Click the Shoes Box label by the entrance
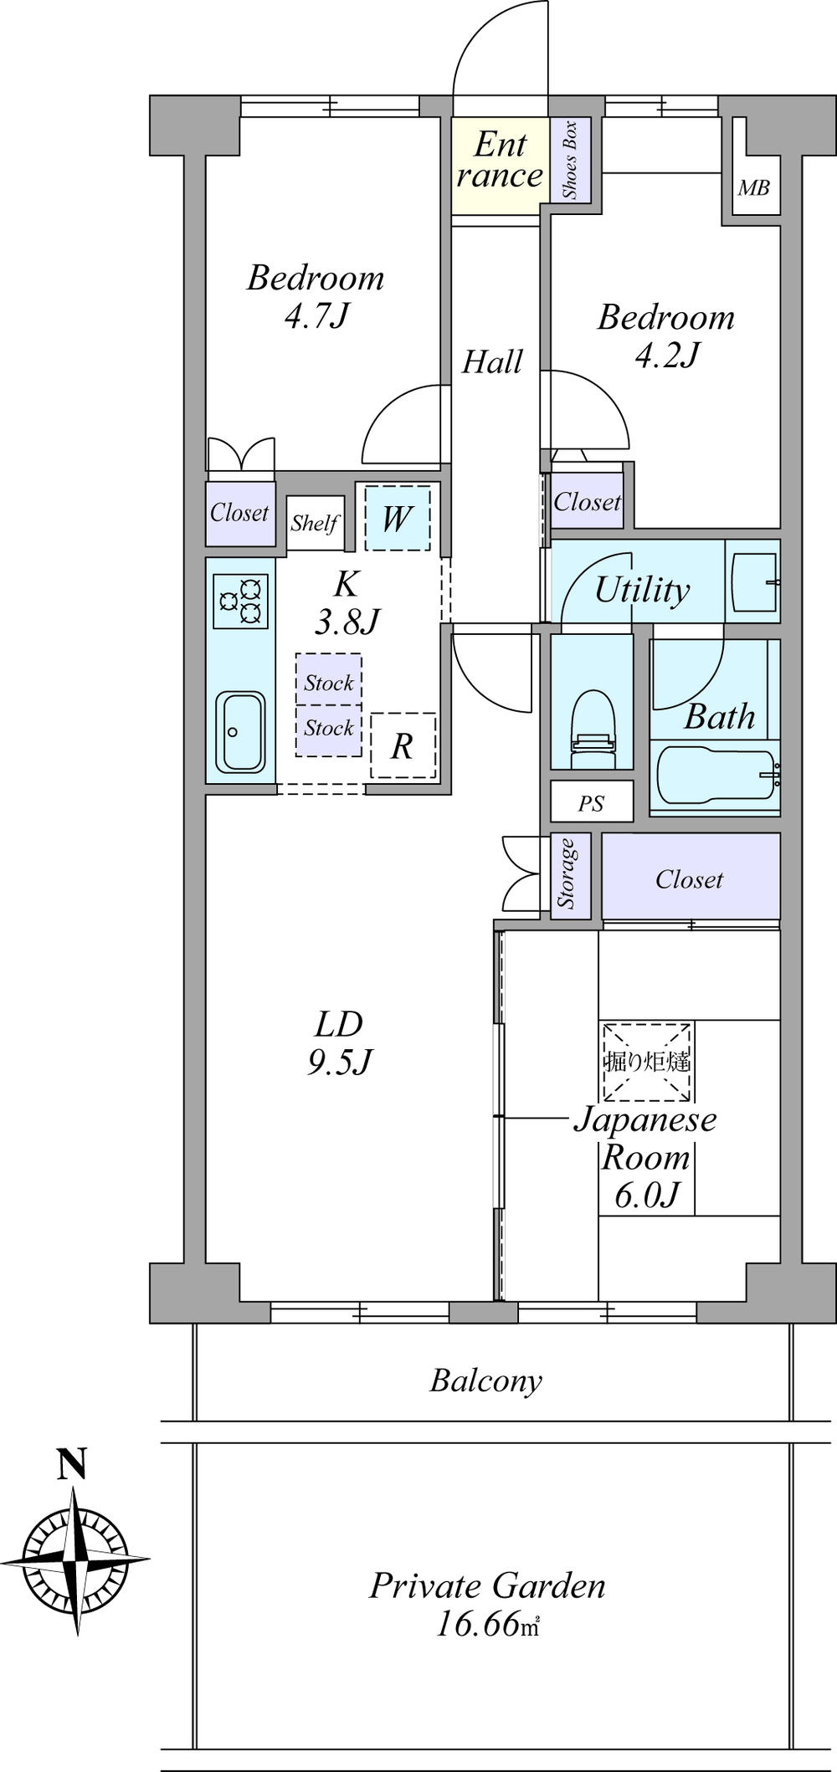click(570, 161)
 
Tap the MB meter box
click(752, 188)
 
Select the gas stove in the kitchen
click(241, 601)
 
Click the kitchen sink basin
click(241, 731)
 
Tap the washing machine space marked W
click(396, 520)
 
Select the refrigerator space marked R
click(403, 746)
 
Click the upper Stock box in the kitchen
click(328, 683)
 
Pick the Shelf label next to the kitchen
click(314, 524)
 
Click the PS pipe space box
click(592, 804)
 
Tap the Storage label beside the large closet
click(570, 874)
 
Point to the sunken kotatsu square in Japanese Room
click(645, 1062)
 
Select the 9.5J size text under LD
click(339, 1063)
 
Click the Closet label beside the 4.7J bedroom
click(239, 513)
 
